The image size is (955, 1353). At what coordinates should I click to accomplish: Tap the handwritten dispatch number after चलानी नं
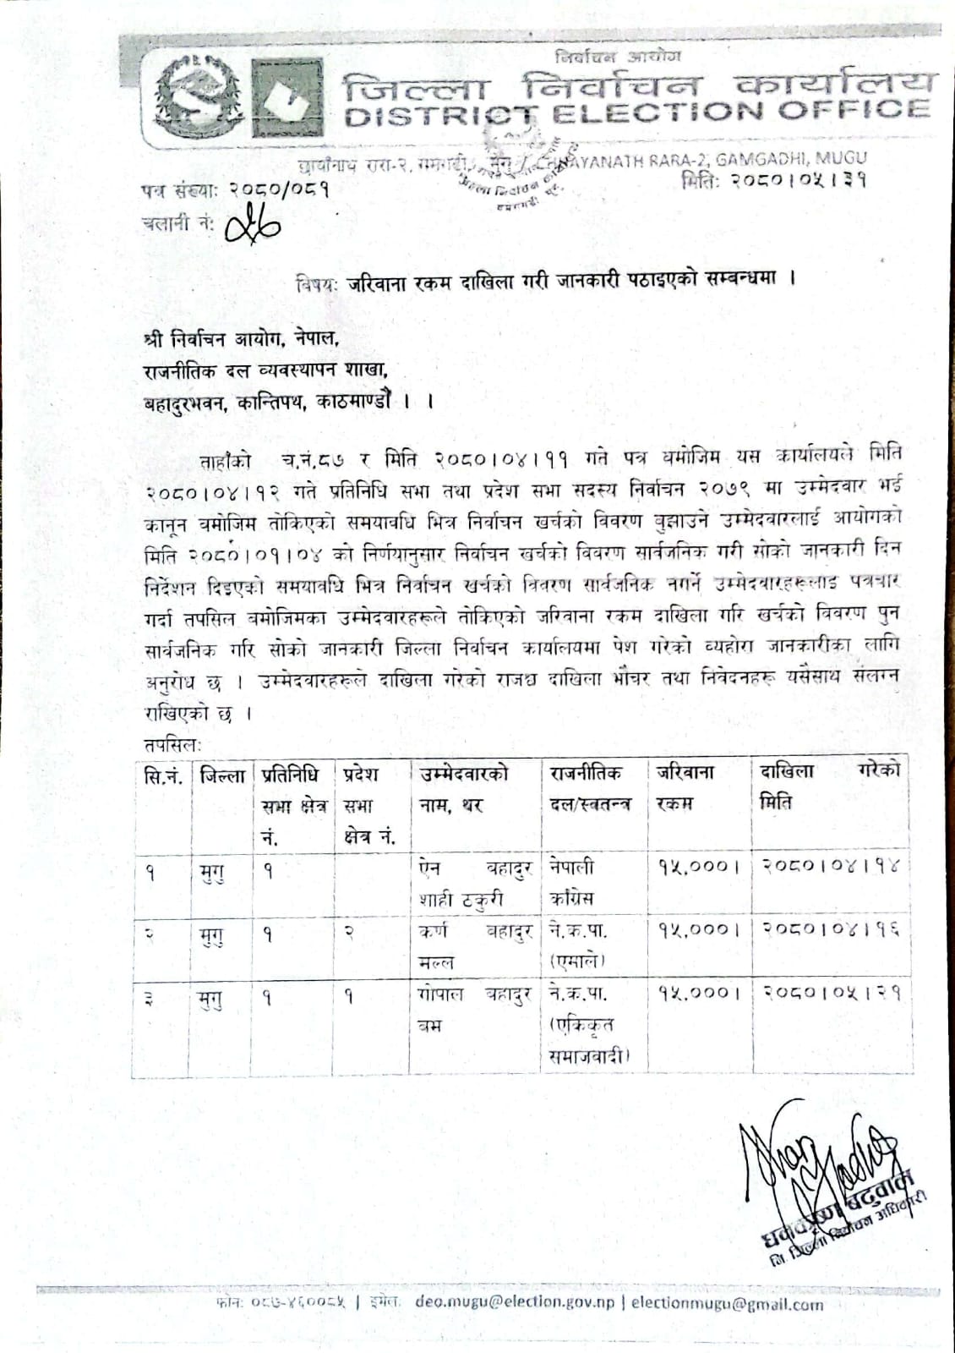pos(254,225)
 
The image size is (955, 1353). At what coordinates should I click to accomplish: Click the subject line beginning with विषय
pos(545,282)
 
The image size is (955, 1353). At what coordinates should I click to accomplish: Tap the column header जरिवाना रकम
pos(685,787)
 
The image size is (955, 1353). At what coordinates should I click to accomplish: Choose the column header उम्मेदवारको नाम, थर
pos(463,787)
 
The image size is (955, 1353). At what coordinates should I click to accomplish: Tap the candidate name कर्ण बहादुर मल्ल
pos(473,945)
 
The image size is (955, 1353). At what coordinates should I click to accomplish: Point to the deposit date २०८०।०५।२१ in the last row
pos(832,992)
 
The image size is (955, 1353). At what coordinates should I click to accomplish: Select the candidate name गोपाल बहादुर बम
pos(473,1008)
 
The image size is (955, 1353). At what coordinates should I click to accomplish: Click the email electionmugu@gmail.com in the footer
pos(727,1303)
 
